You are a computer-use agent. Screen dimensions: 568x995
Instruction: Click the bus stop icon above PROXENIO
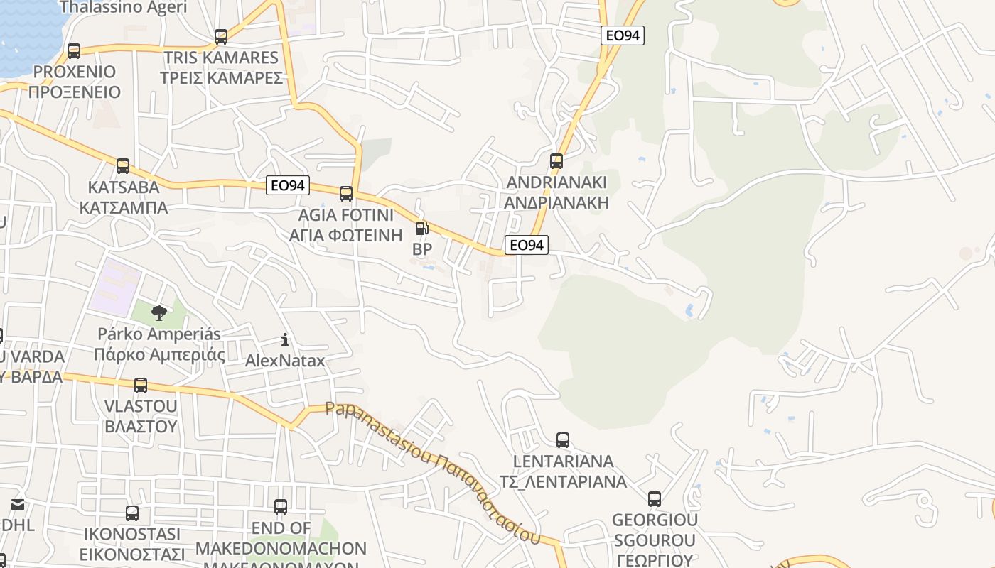tap(74, 51)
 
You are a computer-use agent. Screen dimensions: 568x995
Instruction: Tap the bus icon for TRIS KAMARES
tap(221, 37)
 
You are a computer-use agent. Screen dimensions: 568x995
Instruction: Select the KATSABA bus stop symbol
tap(123, 166)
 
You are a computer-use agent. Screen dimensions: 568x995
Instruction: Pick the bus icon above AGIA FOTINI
tap(346, 193)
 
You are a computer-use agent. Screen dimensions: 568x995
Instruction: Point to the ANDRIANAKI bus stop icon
tap(556, 161)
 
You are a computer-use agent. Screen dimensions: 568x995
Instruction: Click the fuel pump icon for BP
tap(421, 229)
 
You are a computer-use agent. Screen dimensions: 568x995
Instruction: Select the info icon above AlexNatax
tap(285, 339)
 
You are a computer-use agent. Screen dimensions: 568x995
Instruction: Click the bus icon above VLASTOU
tap(141, 386)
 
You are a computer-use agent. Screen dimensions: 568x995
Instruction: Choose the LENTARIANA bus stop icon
tap(563, 440)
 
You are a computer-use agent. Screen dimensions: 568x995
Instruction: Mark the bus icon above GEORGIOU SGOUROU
tap(655, 499)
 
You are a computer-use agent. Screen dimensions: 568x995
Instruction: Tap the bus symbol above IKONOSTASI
tap(132, 513)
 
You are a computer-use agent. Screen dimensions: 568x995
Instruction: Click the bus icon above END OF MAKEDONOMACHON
tap(281, 507)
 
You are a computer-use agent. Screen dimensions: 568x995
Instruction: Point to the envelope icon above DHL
tap(17, 506)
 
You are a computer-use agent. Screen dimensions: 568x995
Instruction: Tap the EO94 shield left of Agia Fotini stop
tap(288, 186)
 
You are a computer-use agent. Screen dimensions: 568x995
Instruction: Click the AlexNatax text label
tap(285, 361)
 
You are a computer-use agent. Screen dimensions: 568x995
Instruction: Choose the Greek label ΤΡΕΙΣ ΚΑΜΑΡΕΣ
tap(221, 78)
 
